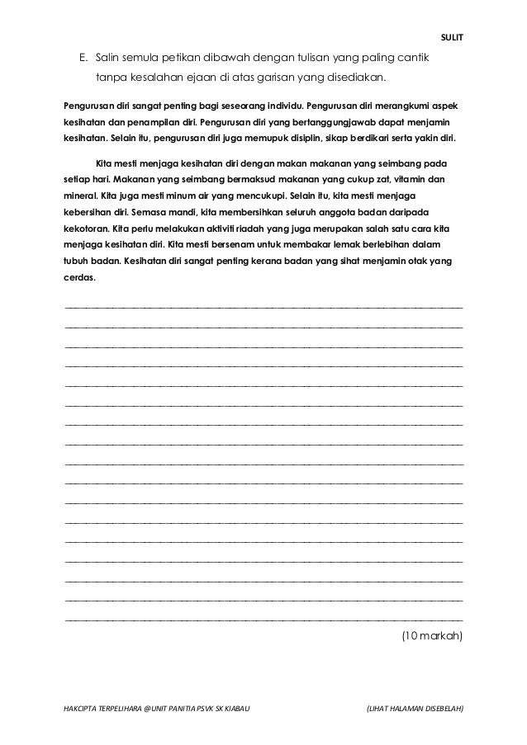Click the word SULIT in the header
coord(453,36)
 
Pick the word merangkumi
coord(399,107)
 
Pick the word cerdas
coord(79,278)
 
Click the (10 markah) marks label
coord(431,636)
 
